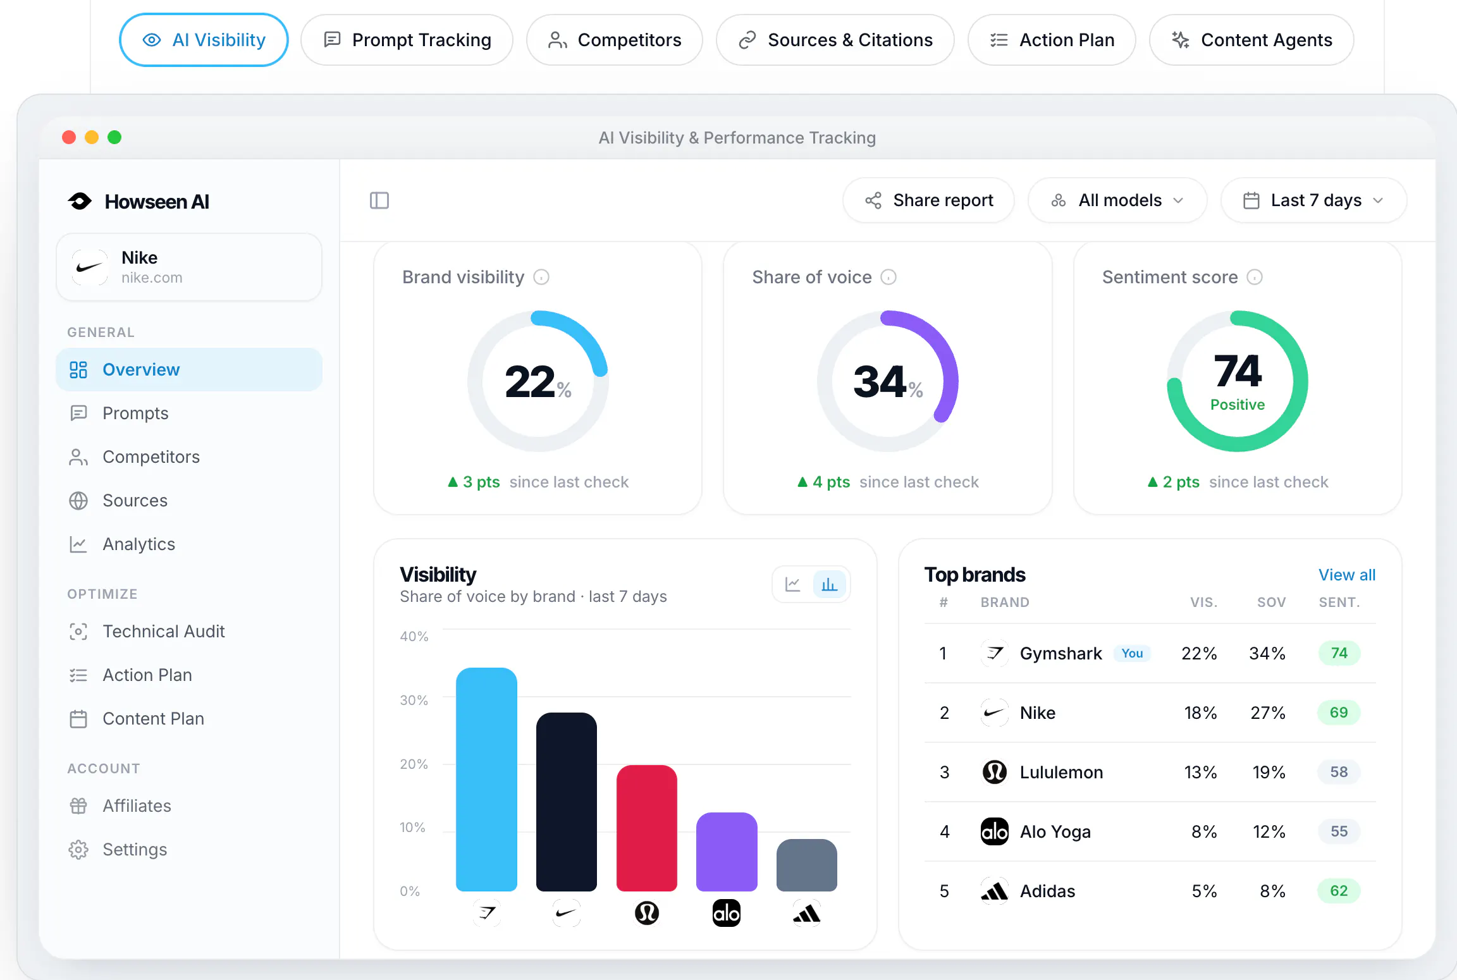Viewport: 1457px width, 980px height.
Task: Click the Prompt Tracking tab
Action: [407, 40]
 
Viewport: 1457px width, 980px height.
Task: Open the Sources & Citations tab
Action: [835, 40]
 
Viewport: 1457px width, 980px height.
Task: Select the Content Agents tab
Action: [1251, 40]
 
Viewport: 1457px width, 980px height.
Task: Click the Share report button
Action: [928, 200]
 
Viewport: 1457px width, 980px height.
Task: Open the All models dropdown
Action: [1117, 200]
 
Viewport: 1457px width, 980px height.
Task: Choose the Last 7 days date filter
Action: [1313, 200]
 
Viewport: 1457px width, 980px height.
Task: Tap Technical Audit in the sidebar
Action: [163, 631]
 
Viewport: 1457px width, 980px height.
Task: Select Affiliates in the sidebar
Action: [137, 805]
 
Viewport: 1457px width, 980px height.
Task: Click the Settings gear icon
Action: [78, 849]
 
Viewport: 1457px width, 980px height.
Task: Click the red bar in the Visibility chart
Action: [646, 828]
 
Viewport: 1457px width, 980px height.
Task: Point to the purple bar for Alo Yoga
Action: [727, 852]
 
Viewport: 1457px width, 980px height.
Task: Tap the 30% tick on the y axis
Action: [414, 700]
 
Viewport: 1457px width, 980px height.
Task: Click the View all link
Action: [1347, 575]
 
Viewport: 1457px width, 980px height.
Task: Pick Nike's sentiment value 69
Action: [1339, 713]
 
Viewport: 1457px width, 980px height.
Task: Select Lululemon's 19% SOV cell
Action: [1269, 772]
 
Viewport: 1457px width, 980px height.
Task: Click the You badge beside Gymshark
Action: [1132, 653]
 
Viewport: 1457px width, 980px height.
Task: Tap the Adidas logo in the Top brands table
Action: [994, 891]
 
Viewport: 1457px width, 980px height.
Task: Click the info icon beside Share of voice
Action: [888, 277]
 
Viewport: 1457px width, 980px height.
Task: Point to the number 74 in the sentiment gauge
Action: [1238, 371]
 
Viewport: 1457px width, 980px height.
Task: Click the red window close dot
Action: [69, 137]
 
